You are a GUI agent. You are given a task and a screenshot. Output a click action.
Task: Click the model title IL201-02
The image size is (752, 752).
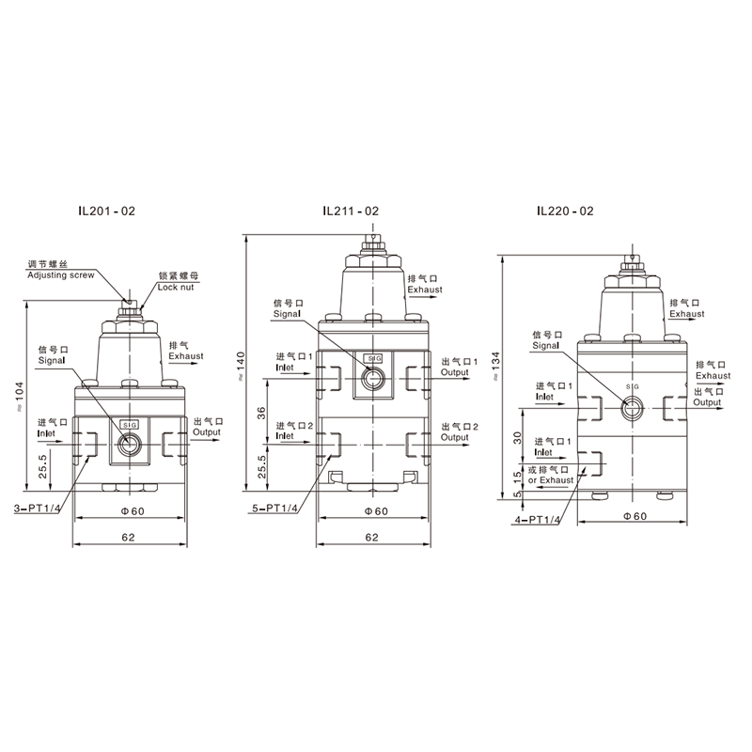pos(107,211)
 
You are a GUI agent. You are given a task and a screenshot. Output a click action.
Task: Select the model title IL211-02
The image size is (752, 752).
pos(351,211)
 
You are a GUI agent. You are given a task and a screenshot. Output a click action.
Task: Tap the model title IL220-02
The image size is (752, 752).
pos(565,211)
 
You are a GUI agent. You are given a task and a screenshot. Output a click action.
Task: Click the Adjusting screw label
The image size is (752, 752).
pos(61,275)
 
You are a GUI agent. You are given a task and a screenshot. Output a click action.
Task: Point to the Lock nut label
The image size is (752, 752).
pos(176,288)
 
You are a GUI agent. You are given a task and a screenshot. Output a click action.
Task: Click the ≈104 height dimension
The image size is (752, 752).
pos(19,397)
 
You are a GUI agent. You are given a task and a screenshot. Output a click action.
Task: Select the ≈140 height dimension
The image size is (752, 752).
pos(241,367)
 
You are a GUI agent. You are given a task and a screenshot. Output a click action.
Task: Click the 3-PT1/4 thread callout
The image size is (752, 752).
pos(37,509)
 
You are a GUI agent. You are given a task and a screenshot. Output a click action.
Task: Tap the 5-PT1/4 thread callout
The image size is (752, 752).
pos(275,509)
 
